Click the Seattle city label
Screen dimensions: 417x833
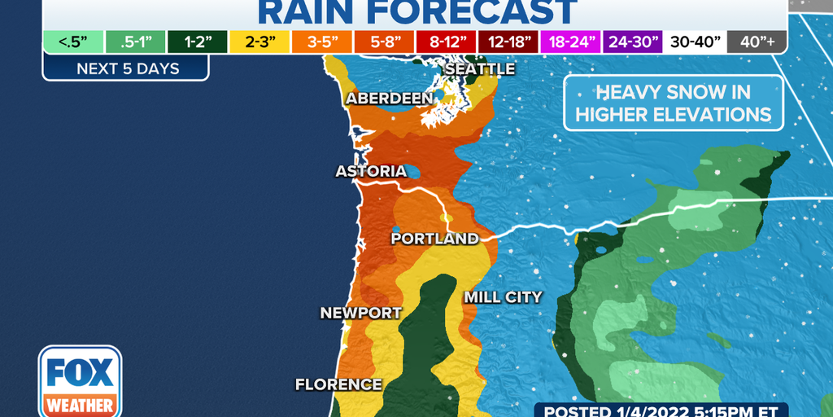[480, 69]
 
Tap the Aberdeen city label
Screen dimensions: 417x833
[389, 99]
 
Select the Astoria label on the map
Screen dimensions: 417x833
[371, 172]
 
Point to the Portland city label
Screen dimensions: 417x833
[434, 239]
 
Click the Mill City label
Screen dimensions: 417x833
[503, 297]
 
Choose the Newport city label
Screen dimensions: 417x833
[360, 313]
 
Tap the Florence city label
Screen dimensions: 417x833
[338, 384]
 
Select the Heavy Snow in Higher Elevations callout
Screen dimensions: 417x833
[673, 103]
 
